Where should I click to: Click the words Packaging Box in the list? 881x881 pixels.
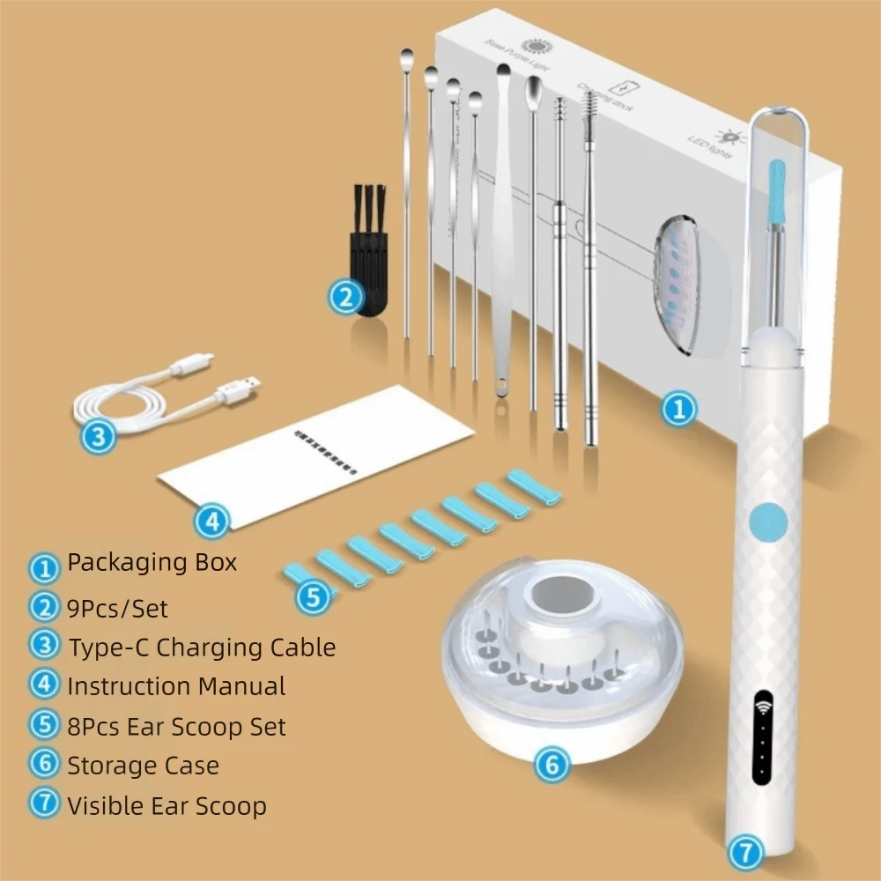click(x=152, y=562)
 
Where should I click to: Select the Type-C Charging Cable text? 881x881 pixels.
click(x=202, y=648)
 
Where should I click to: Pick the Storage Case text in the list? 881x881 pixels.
click(x=143, y=765)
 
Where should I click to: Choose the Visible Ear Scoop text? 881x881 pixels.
click(x=167, y=805)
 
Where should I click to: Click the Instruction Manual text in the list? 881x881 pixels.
click(x=176, y=686)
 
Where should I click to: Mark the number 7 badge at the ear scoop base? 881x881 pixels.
click(x=744, y=853)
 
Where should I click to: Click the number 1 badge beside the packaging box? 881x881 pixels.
click(x=677, y=410)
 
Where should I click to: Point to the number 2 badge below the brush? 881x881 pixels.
click(x=344, y=295)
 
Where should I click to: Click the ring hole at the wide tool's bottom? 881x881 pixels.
click(x=502, y=387)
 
